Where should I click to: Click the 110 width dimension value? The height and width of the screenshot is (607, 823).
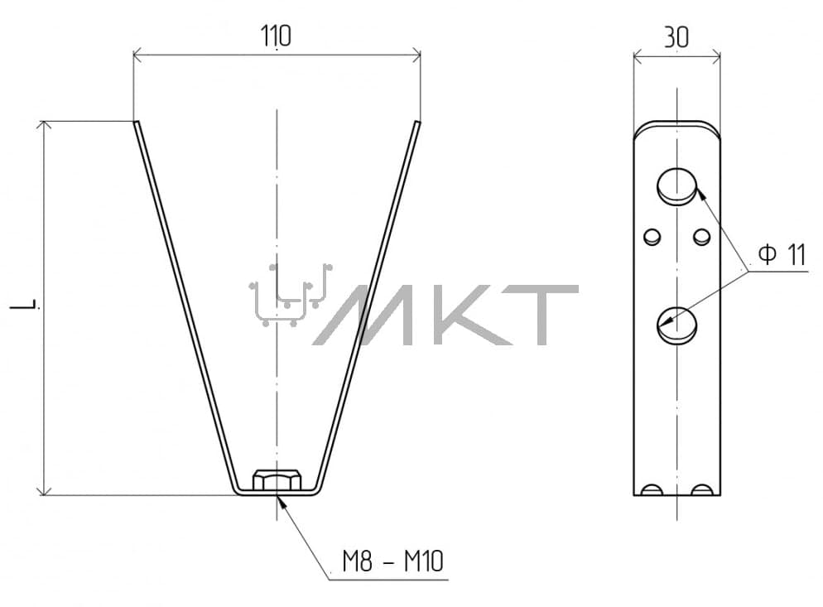[x=276, y=36]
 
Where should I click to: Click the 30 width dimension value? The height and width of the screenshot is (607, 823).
[x=676, y=37]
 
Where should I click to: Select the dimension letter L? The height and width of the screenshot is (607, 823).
[x=25, y=305]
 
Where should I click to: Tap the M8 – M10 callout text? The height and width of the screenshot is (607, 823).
[x=393, y=561]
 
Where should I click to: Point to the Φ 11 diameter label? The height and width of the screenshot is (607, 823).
[x=782, y=255]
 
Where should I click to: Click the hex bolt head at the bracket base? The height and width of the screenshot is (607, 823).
[x=277, y=480]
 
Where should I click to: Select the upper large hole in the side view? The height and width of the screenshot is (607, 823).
[x=677, y=185]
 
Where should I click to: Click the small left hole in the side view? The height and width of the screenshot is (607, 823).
[x=652, y=236]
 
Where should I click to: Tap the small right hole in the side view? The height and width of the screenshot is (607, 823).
[x=702, y=236]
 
